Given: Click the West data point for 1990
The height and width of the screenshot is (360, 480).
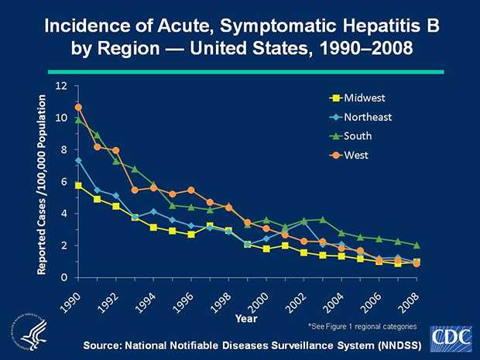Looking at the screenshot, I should click(78, 107).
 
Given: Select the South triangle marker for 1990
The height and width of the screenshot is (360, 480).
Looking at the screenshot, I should click(78, 120).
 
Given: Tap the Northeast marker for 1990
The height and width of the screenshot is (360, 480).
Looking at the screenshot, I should click(78, 160).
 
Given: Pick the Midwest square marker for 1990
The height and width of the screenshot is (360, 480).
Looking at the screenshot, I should click(78, 185).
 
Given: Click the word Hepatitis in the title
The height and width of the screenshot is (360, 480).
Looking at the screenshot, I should click(345, 26).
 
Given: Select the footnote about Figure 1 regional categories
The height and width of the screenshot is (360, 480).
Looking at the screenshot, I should click(363, 327).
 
